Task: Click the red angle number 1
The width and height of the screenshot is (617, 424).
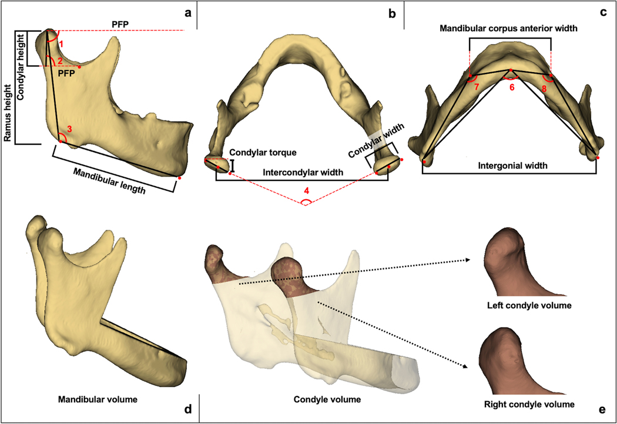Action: (x=66, y=43)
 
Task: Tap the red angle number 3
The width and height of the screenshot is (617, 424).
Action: (x=69, y=129)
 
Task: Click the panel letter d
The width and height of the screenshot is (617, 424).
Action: (x=188, y=409)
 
